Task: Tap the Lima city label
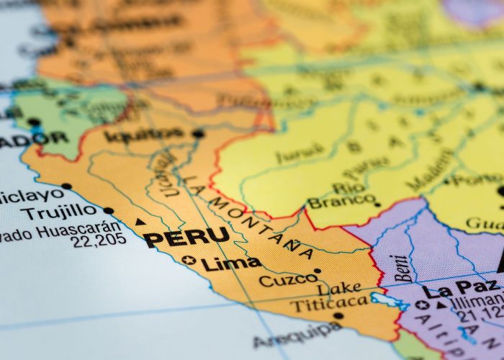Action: [x=230, y=264]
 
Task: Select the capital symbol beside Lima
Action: [x=189, y=260]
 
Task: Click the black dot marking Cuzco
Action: [x=318, y=271]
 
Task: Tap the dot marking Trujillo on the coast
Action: [x=109, y=211]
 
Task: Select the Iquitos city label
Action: [x=144, y=134]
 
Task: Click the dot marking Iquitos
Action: [x=198, y=133]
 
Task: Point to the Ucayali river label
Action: [x=166, y=173]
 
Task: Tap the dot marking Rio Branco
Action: [x=377, y=204]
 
